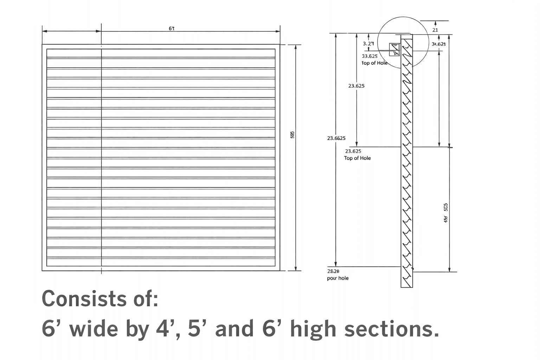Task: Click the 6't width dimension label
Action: click(x=172, y=28)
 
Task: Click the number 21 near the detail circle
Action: click(x=435, y=30)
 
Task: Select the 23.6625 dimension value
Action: click(x=336, y=138)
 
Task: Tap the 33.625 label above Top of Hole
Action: click(x=369, y=56)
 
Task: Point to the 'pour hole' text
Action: click(x=337, y=278)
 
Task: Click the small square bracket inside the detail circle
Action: click(x=394, y=49)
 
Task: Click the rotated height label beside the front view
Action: click(x=292, y=135)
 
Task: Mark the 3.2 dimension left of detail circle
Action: click(x=368, y=44)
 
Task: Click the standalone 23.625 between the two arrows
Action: click(x=356, y=86)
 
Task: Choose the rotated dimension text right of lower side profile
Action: click(x=446, y=213)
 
